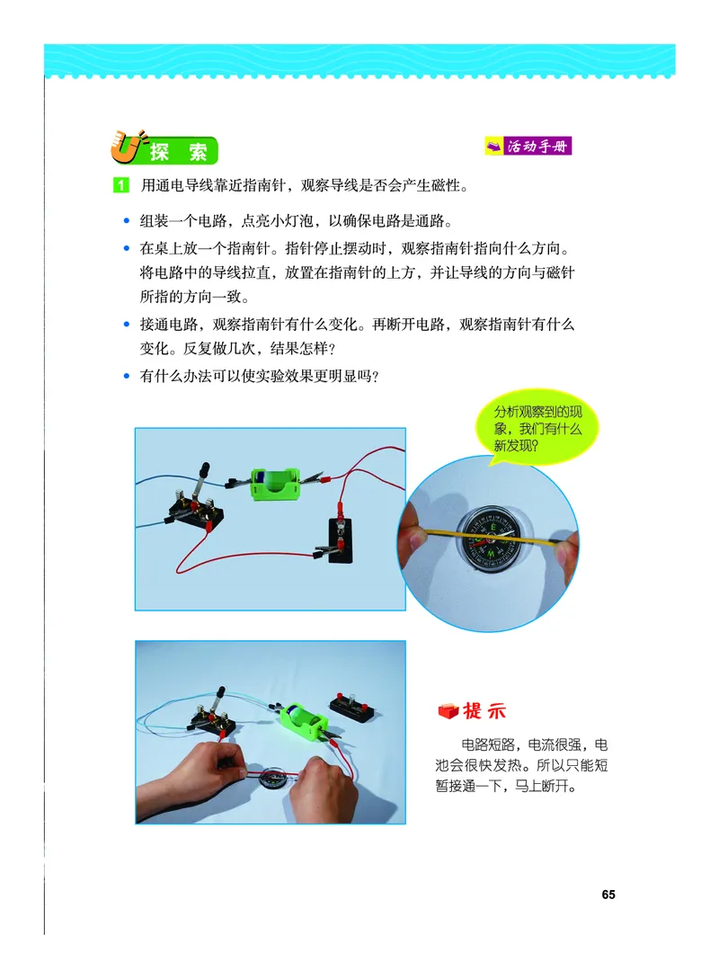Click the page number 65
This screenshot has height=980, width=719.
608,894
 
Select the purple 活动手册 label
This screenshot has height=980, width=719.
528,146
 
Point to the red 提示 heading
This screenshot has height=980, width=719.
484,711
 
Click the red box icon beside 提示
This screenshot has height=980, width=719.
447,711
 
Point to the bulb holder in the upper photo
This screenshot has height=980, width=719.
340,545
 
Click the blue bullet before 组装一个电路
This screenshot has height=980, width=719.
126,221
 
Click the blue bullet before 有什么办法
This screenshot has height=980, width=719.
126,378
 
